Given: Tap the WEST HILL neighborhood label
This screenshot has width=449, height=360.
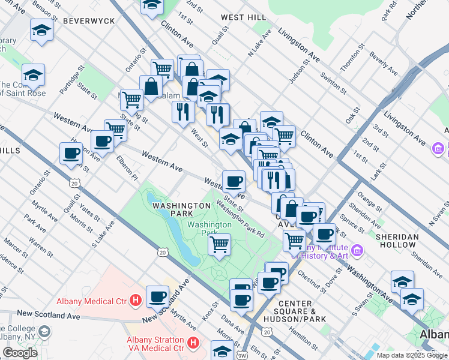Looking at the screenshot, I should click(241, 17).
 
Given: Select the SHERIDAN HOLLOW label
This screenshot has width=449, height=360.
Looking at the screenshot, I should click(397, 241).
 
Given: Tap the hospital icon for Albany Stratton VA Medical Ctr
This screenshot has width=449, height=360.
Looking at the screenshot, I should click(193, 343).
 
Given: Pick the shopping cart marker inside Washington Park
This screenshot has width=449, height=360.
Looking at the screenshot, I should click(220, 244).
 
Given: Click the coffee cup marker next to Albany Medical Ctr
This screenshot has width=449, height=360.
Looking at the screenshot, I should click(158, 295).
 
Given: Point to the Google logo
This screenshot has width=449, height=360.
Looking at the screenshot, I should click(20, 352).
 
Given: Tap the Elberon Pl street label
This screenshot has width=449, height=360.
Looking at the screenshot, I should click(127, 169).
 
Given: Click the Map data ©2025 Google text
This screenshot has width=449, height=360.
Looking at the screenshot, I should click(412, 355).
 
